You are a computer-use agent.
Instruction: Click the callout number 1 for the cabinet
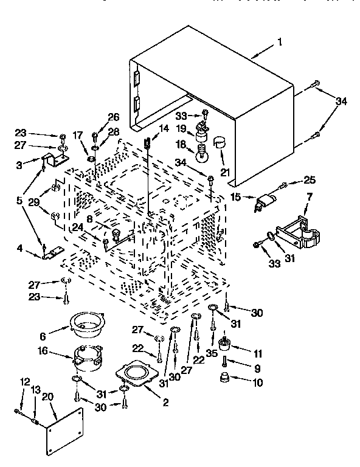[280, 42]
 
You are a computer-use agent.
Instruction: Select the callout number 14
[163, 128]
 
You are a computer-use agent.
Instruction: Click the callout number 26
[114, 117]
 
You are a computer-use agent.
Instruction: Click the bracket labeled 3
[55, 161]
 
